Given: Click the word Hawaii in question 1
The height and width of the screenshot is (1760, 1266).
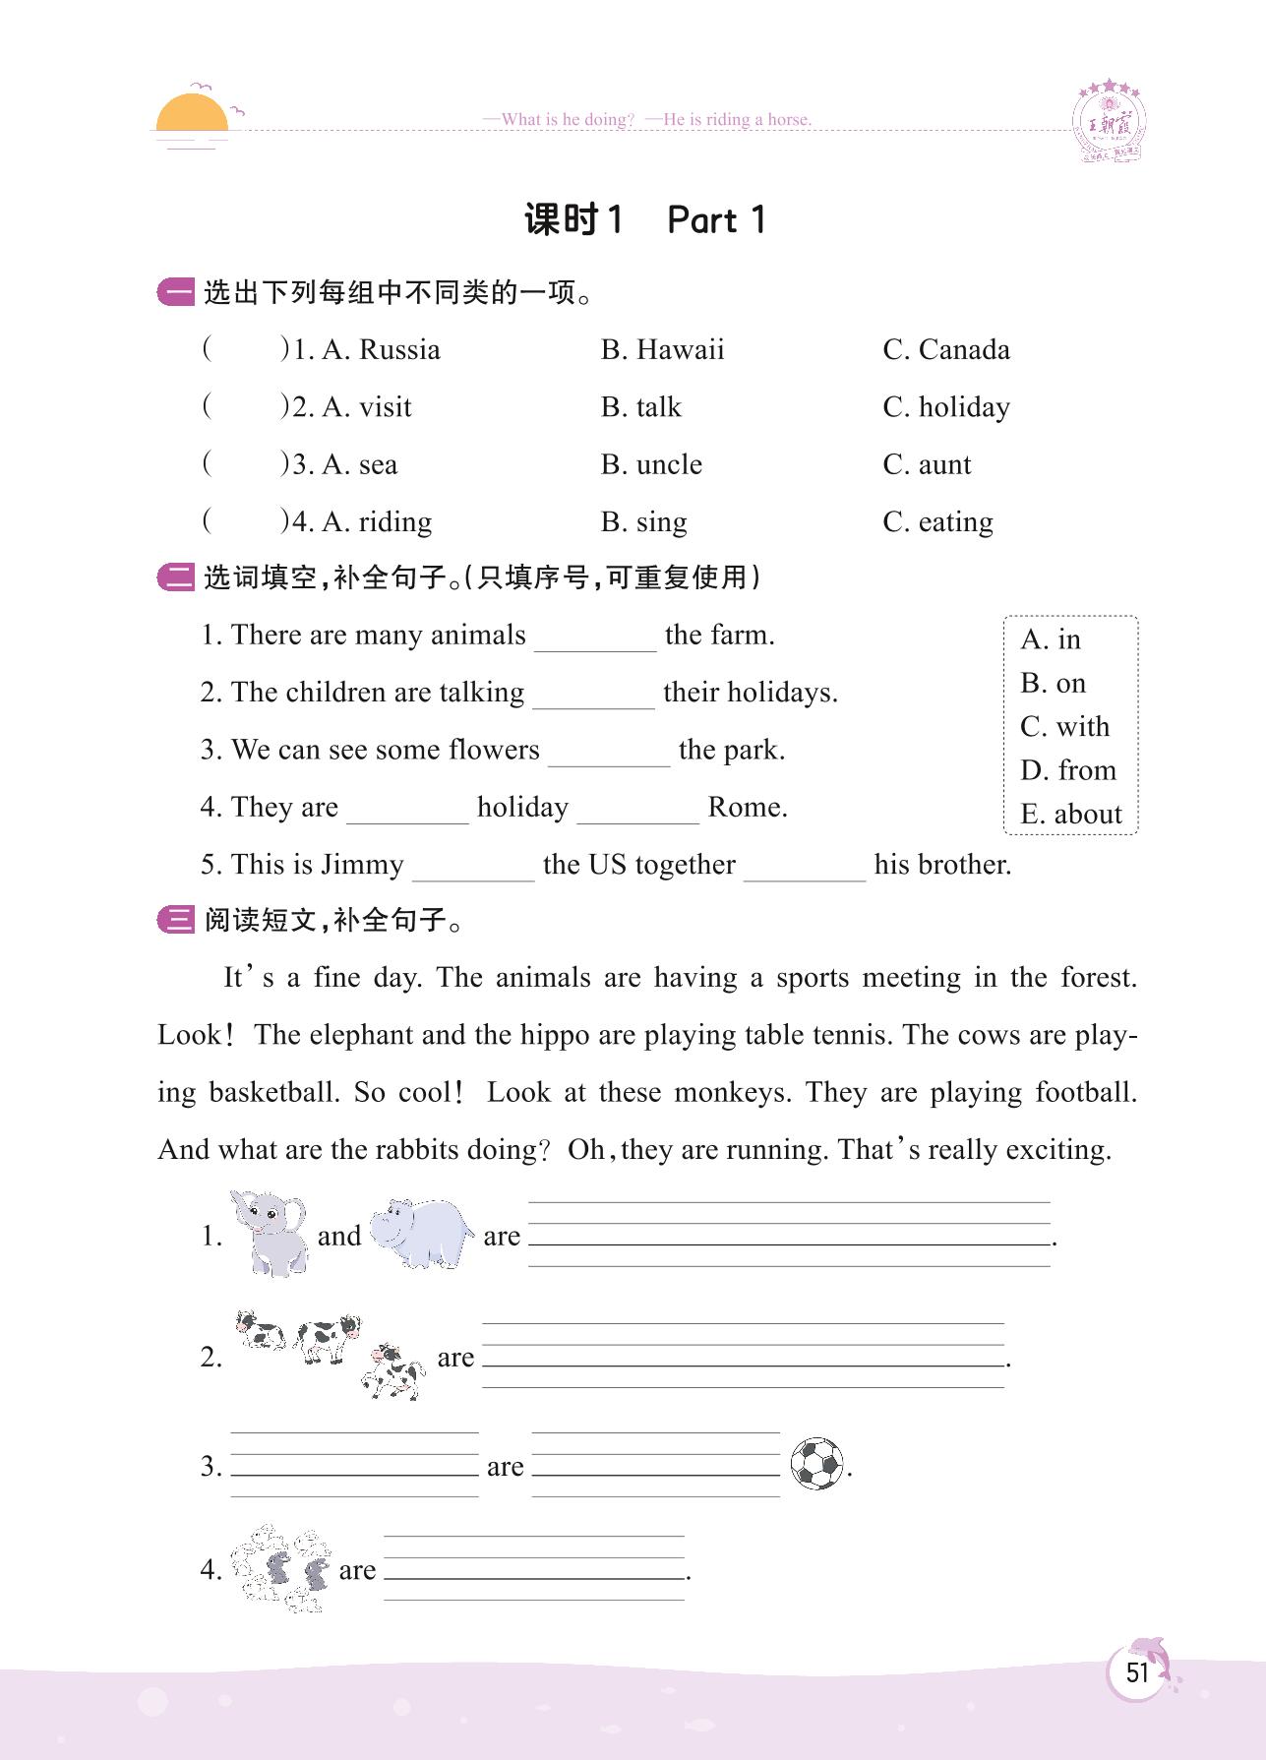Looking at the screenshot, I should (x=680, y=350).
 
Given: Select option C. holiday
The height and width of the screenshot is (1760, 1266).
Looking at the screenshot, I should (x=946, y=407).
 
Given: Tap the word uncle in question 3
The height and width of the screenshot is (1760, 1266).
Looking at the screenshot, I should (x=669, y=464).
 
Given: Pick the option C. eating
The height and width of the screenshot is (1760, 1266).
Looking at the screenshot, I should (x=937, y=521).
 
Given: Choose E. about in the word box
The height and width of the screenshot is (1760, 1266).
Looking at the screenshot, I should (x=1070, y=814).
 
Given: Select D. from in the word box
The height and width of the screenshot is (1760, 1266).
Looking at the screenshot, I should (x=1068, y=770).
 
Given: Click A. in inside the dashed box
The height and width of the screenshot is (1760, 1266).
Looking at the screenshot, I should (x=1051, y=639).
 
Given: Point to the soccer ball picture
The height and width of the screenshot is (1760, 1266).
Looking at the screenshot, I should (x=817, y=1464).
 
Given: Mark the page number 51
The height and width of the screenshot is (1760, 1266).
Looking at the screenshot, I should (x=1137, y=1672).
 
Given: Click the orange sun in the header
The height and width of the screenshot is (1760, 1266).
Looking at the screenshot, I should (x=192, y=114).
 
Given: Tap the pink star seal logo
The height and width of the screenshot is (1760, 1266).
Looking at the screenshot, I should (x=1109, y=121).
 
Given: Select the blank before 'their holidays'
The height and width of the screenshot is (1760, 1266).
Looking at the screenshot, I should (x=593, y=695).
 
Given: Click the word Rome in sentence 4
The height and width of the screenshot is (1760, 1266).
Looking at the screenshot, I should (x=748, y=808).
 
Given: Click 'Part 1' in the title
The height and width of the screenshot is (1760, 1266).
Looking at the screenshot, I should (x=716, y=219).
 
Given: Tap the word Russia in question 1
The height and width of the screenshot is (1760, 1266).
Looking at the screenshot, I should (x=399, y=350).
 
